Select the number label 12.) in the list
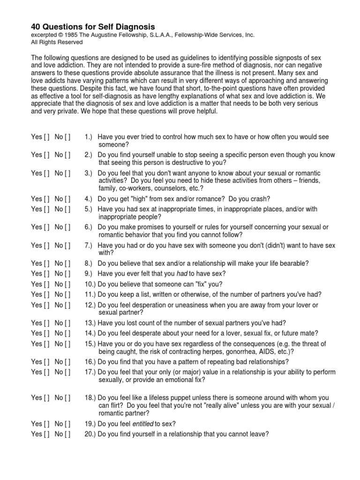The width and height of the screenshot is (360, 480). tap(90, 305)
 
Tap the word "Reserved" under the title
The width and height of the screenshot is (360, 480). tap(70, 42)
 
